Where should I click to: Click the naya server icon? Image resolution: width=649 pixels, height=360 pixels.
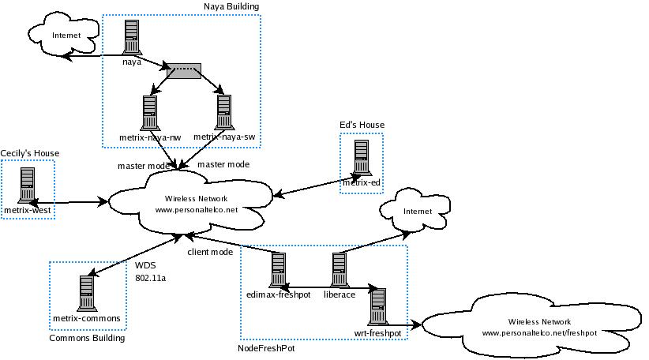point(132,36)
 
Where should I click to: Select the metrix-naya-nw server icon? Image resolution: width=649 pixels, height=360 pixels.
point(149,112)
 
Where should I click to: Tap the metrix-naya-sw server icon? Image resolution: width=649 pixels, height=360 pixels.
point(223,112)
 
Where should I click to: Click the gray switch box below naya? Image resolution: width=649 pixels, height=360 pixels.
point(183,71)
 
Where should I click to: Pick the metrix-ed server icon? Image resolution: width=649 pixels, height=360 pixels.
point(362,159)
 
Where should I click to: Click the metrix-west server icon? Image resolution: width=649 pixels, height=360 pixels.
point(28,186)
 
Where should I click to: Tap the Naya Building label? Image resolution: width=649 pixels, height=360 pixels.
point(231,6)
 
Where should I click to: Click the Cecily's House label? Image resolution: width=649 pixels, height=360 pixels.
point(30,153)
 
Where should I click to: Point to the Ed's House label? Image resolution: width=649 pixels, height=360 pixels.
point(362,125)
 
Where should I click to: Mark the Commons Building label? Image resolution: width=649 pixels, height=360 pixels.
point(87,338)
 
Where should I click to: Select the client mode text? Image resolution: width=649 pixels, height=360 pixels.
point(209,253)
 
